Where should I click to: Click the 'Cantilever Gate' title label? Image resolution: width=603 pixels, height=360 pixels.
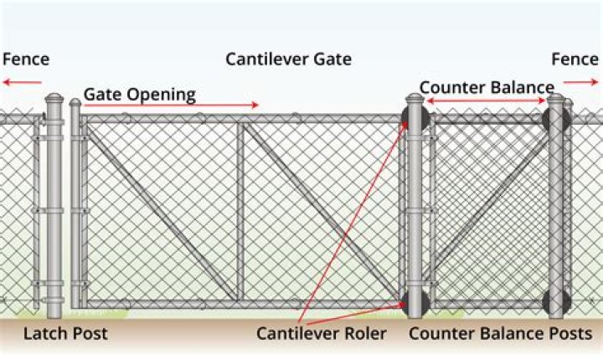tap(288, 59)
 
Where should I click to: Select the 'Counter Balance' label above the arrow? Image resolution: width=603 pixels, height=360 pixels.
tap(486, 88)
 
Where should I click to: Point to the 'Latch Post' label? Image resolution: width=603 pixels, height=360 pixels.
tap(65, 334)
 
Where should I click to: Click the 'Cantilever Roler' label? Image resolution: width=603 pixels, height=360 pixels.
tap(322, 334)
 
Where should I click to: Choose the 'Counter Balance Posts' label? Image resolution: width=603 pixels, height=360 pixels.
tap(501, 334)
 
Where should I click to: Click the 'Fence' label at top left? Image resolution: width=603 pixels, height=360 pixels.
tap(26, 59)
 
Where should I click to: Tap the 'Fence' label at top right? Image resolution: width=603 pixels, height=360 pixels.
tap(575, 59)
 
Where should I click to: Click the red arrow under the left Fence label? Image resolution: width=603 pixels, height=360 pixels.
tap(22, 82)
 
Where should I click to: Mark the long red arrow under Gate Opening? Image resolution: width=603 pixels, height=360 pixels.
tap(172, 105)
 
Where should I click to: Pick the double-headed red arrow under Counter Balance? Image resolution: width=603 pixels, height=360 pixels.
tap(486, 101)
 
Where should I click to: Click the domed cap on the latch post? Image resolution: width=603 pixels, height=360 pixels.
tap(54, 101)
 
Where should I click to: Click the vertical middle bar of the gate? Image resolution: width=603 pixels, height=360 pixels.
tap(240, 209)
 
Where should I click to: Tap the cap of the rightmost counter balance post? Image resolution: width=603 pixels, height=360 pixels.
tap(557, 100)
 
